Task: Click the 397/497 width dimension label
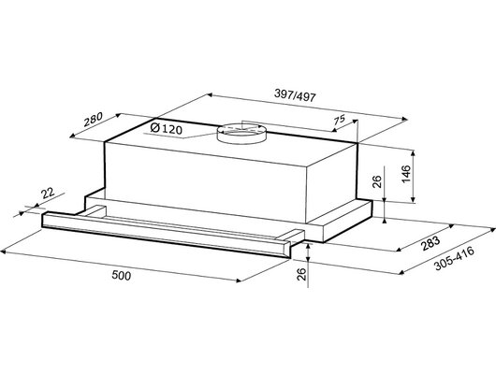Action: [295, 95]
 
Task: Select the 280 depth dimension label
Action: [93, 119]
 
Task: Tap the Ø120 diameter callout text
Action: [167, 129]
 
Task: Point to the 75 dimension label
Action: [339, 120]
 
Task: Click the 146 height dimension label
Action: [406, 174]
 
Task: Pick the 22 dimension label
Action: [48, 193]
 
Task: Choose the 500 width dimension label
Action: [121, 276]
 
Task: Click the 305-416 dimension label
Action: [455, 259]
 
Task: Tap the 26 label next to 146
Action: [377, 181]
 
